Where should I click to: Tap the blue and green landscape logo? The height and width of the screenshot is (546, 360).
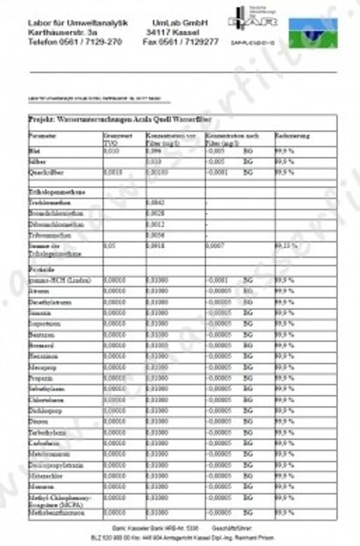[313, 34]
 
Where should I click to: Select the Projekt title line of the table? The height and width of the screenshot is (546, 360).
[120, 119]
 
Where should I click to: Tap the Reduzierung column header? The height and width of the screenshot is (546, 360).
[292, 136]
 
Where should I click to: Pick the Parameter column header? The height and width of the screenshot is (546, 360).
[43, 136]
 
